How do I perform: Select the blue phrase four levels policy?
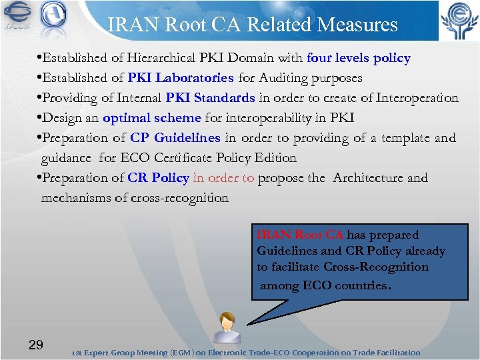pos(359,59)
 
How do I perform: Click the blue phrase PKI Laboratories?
pos(182,79)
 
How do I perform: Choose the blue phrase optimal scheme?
pos(151,118)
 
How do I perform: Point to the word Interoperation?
pos(417,99)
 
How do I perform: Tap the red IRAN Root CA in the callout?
pos(301,235)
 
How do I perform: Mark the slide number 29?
pos(36,345)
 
